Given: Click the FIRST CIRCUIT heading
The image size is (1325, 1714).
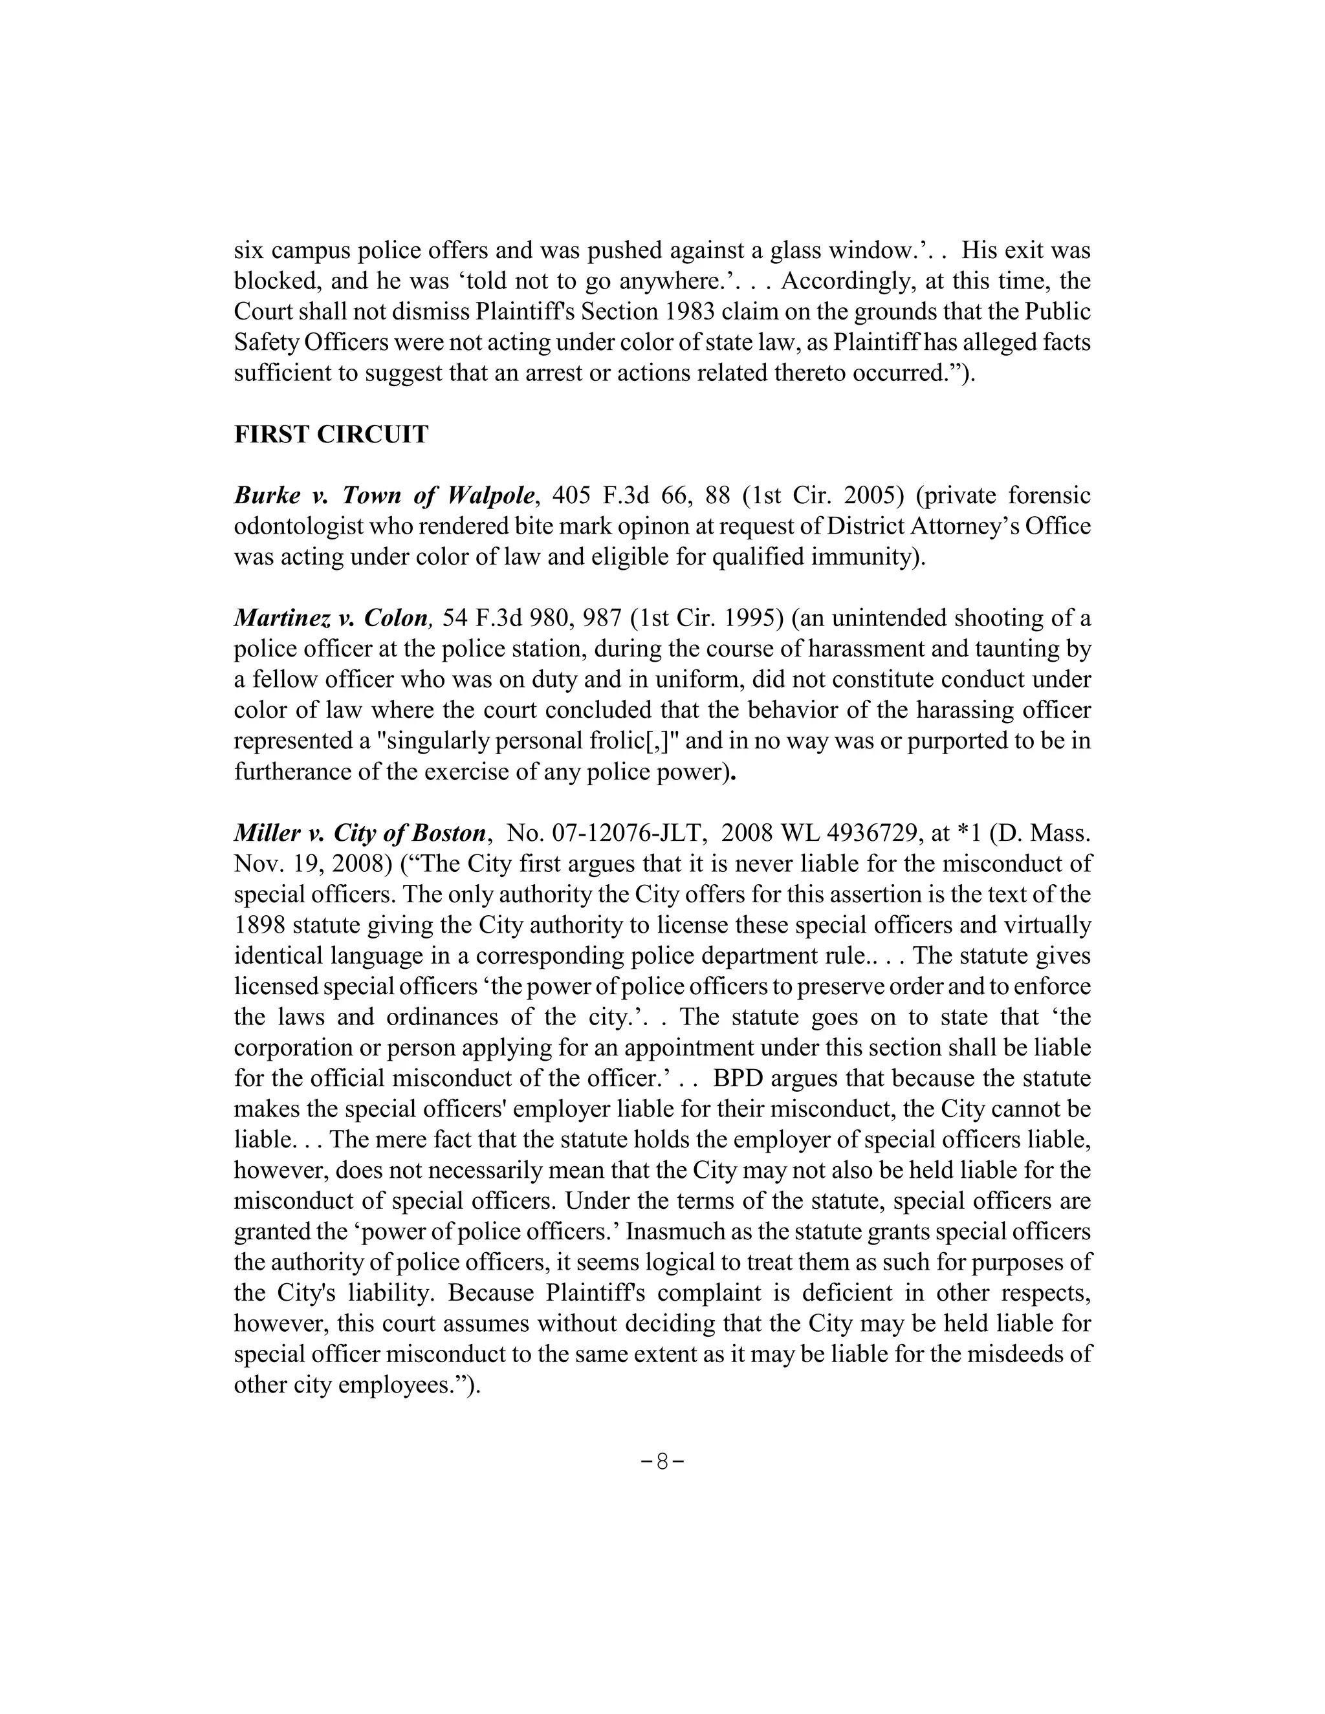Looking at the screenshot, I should click(331, 434).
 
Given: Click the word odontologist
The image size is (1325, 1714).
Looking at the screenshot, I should click(301, 526).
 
